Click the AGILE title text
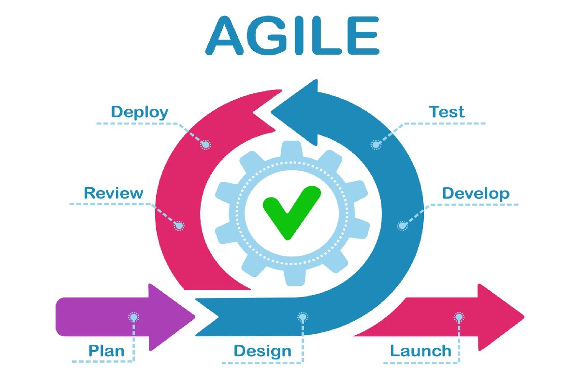(292, 35)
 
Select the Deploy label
(140, 113)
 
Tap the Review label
(114, 193)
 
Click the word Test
(447, 112)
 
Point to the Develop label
(476, 193)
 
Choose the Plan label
(106, 351)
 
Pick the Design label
(262, 352)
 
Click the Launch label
(421, 351)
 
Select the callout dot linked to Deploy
(205, 145)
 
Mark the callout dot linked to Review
(179, 225)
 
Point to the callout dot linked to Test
(376, 145)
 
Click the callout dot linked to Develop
(402, 225)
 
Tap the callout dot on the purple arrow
(133, 317)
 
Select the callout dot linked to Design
(303, 317)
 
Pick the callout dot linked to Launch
(459, 317)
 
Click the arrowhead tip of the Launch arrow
(524, 317)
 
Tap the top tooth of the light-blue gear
(292, 149)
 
